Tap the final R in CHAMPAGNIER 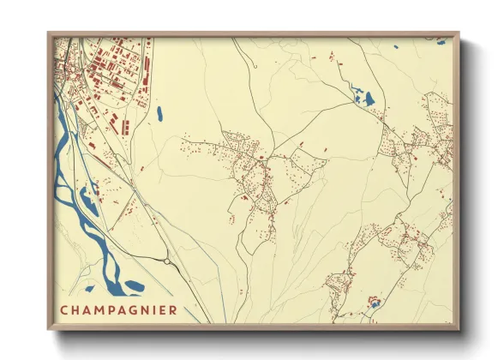174,309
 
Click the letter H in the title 75,309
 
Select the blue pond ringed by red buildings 373,302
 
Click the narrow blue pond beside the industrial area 159,112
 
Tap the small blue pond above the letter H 89,289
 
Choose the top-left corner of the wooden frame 49,34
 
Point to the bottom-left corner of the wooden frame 49,328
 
